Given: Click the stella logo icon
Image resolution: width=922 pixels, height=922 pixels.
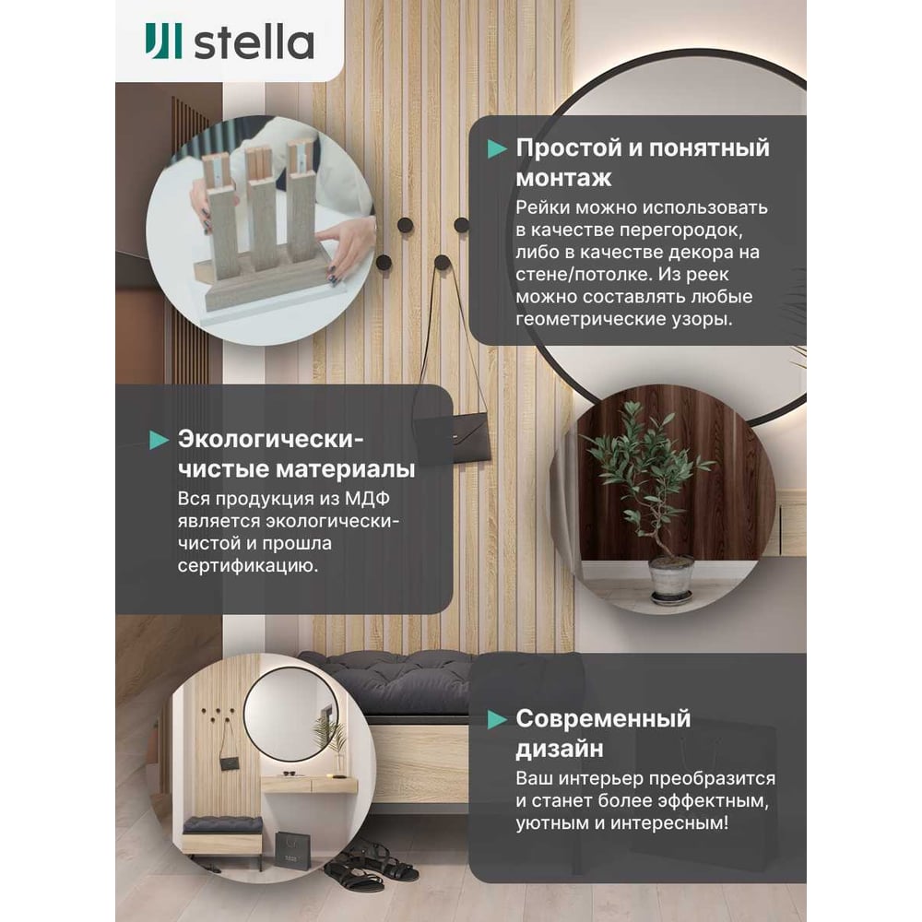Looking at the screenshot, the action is tap(163, 41).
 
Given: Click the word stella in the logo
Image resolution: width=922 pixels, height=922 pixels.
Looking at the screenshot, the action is tap(254, 42).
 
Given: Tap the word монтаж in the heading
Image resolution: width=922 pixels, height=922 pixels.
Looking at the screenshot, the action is tap(564, 178).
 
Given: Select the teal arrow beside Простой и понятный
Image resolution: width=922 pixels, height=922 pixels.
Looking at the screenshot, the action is tap(497, 148).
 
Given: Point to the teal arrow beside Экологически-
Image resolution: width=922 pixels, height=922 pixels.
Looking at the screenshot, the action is tap(160, 440).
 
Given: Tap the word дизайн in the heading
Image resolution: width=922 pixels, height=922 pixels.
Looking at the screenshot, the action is tap(560, 749).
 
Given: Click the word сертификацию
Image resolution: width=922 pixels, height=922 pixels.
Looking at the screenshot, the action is tap(247, 566).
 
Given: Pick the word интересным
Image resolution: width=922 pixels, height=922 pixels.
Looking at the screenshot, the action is tap(669, 822).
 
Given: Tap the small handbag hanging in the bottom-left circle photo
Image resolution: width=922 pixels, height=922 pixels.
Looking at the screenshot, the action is tap(230, 762).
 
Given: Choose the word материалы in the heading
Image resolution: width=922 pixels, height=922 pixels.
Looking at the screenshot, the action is tap(346, 469).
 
